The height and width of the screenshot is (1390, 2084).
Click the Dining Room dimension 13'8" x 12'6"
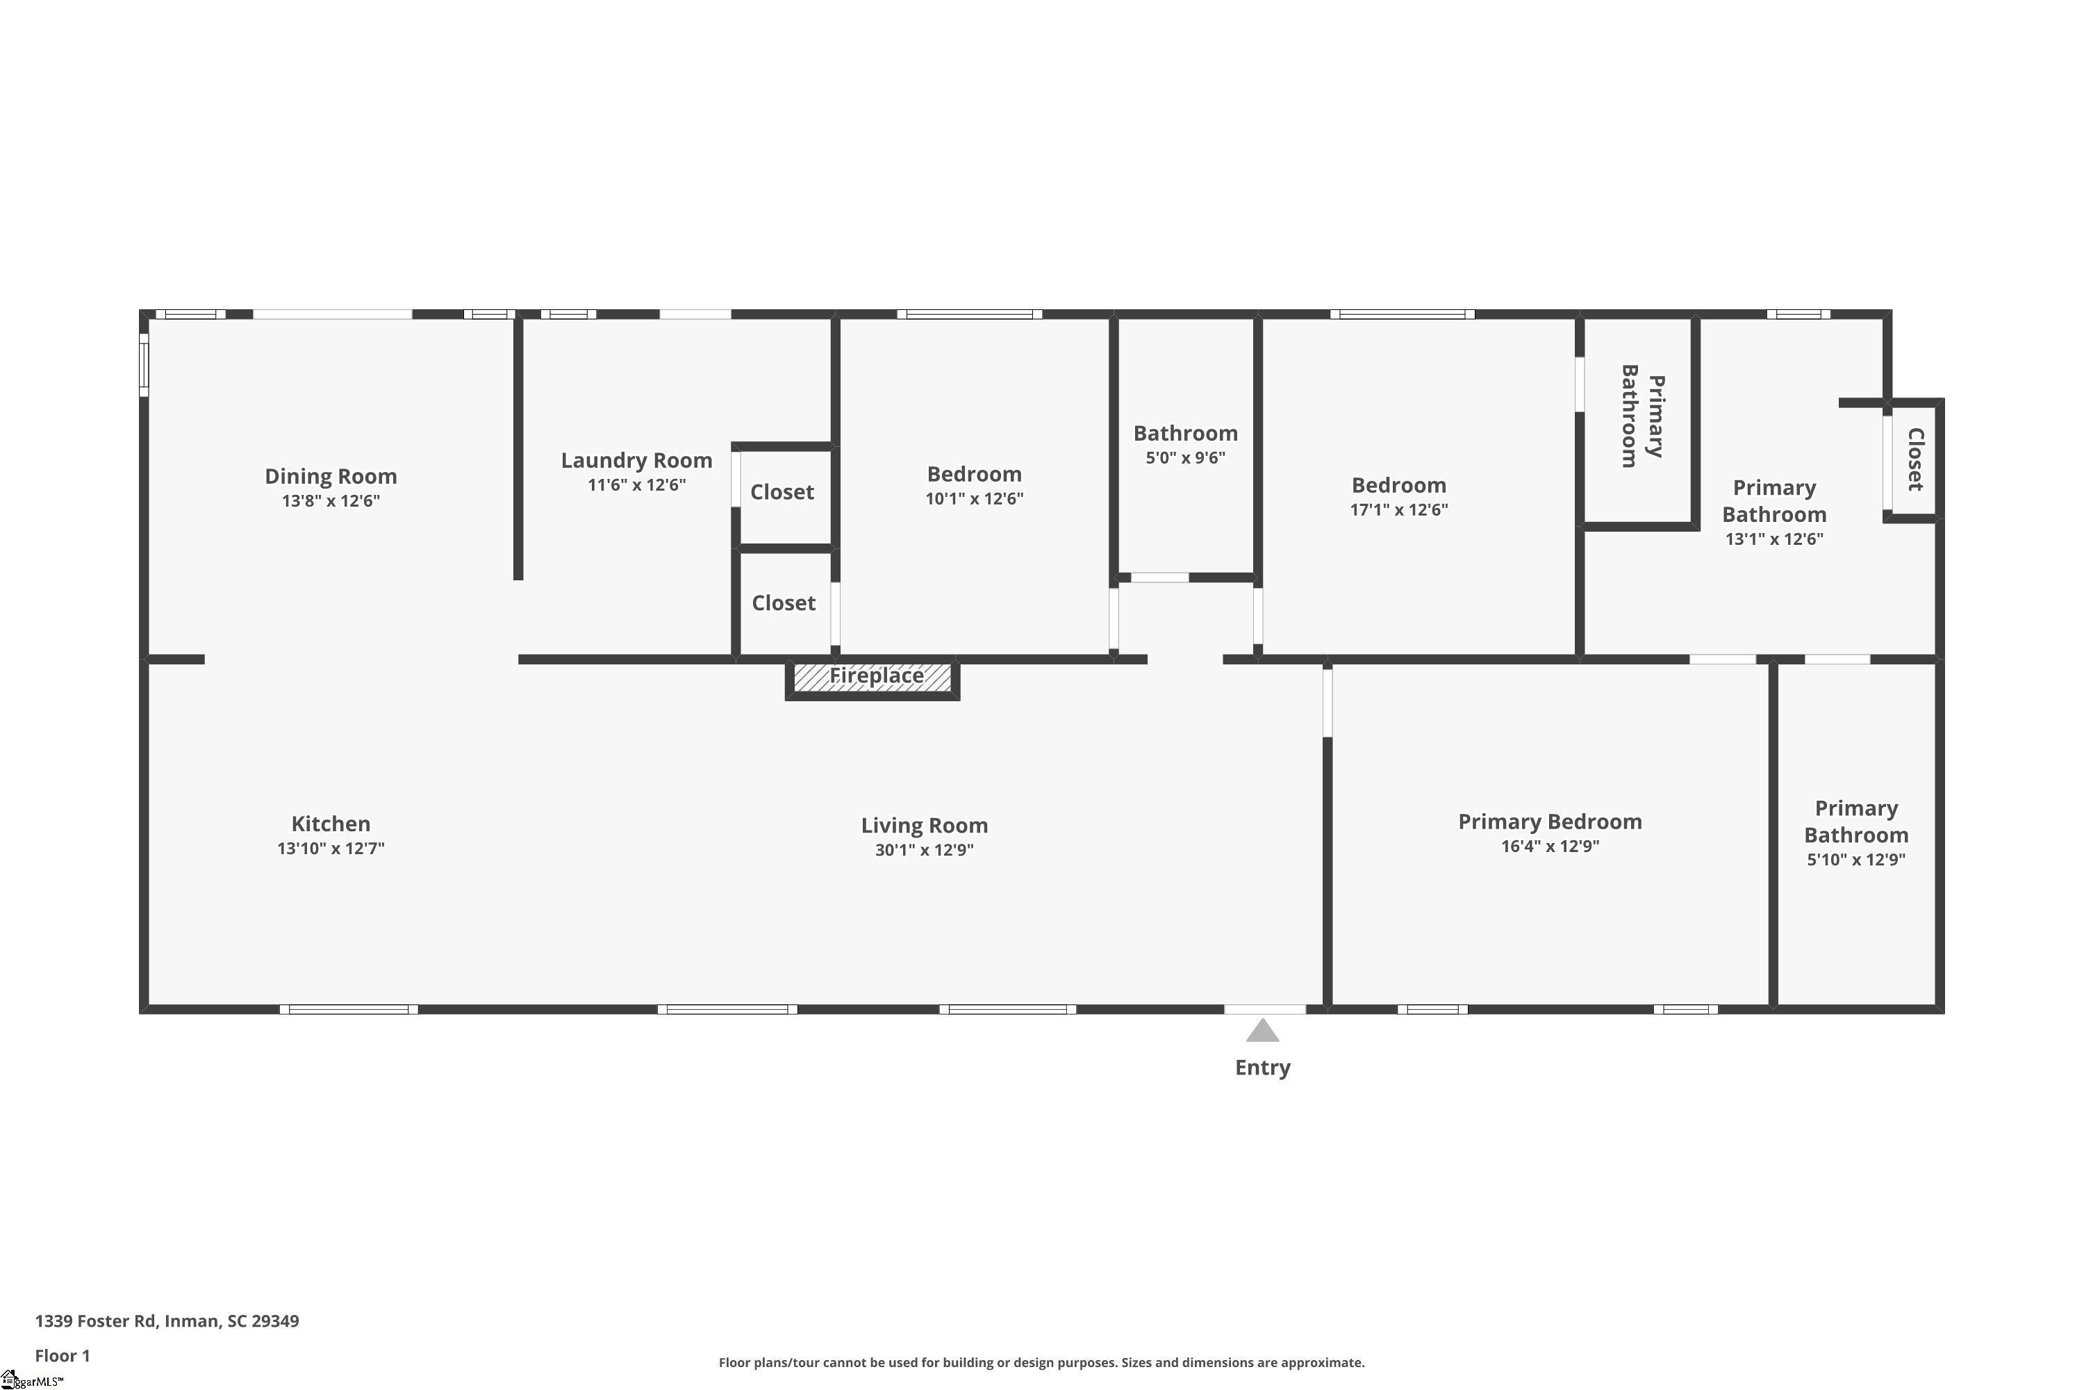coord(331,501)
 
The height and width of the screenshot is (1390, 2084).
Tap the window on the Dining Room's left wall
coord(144,364)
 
